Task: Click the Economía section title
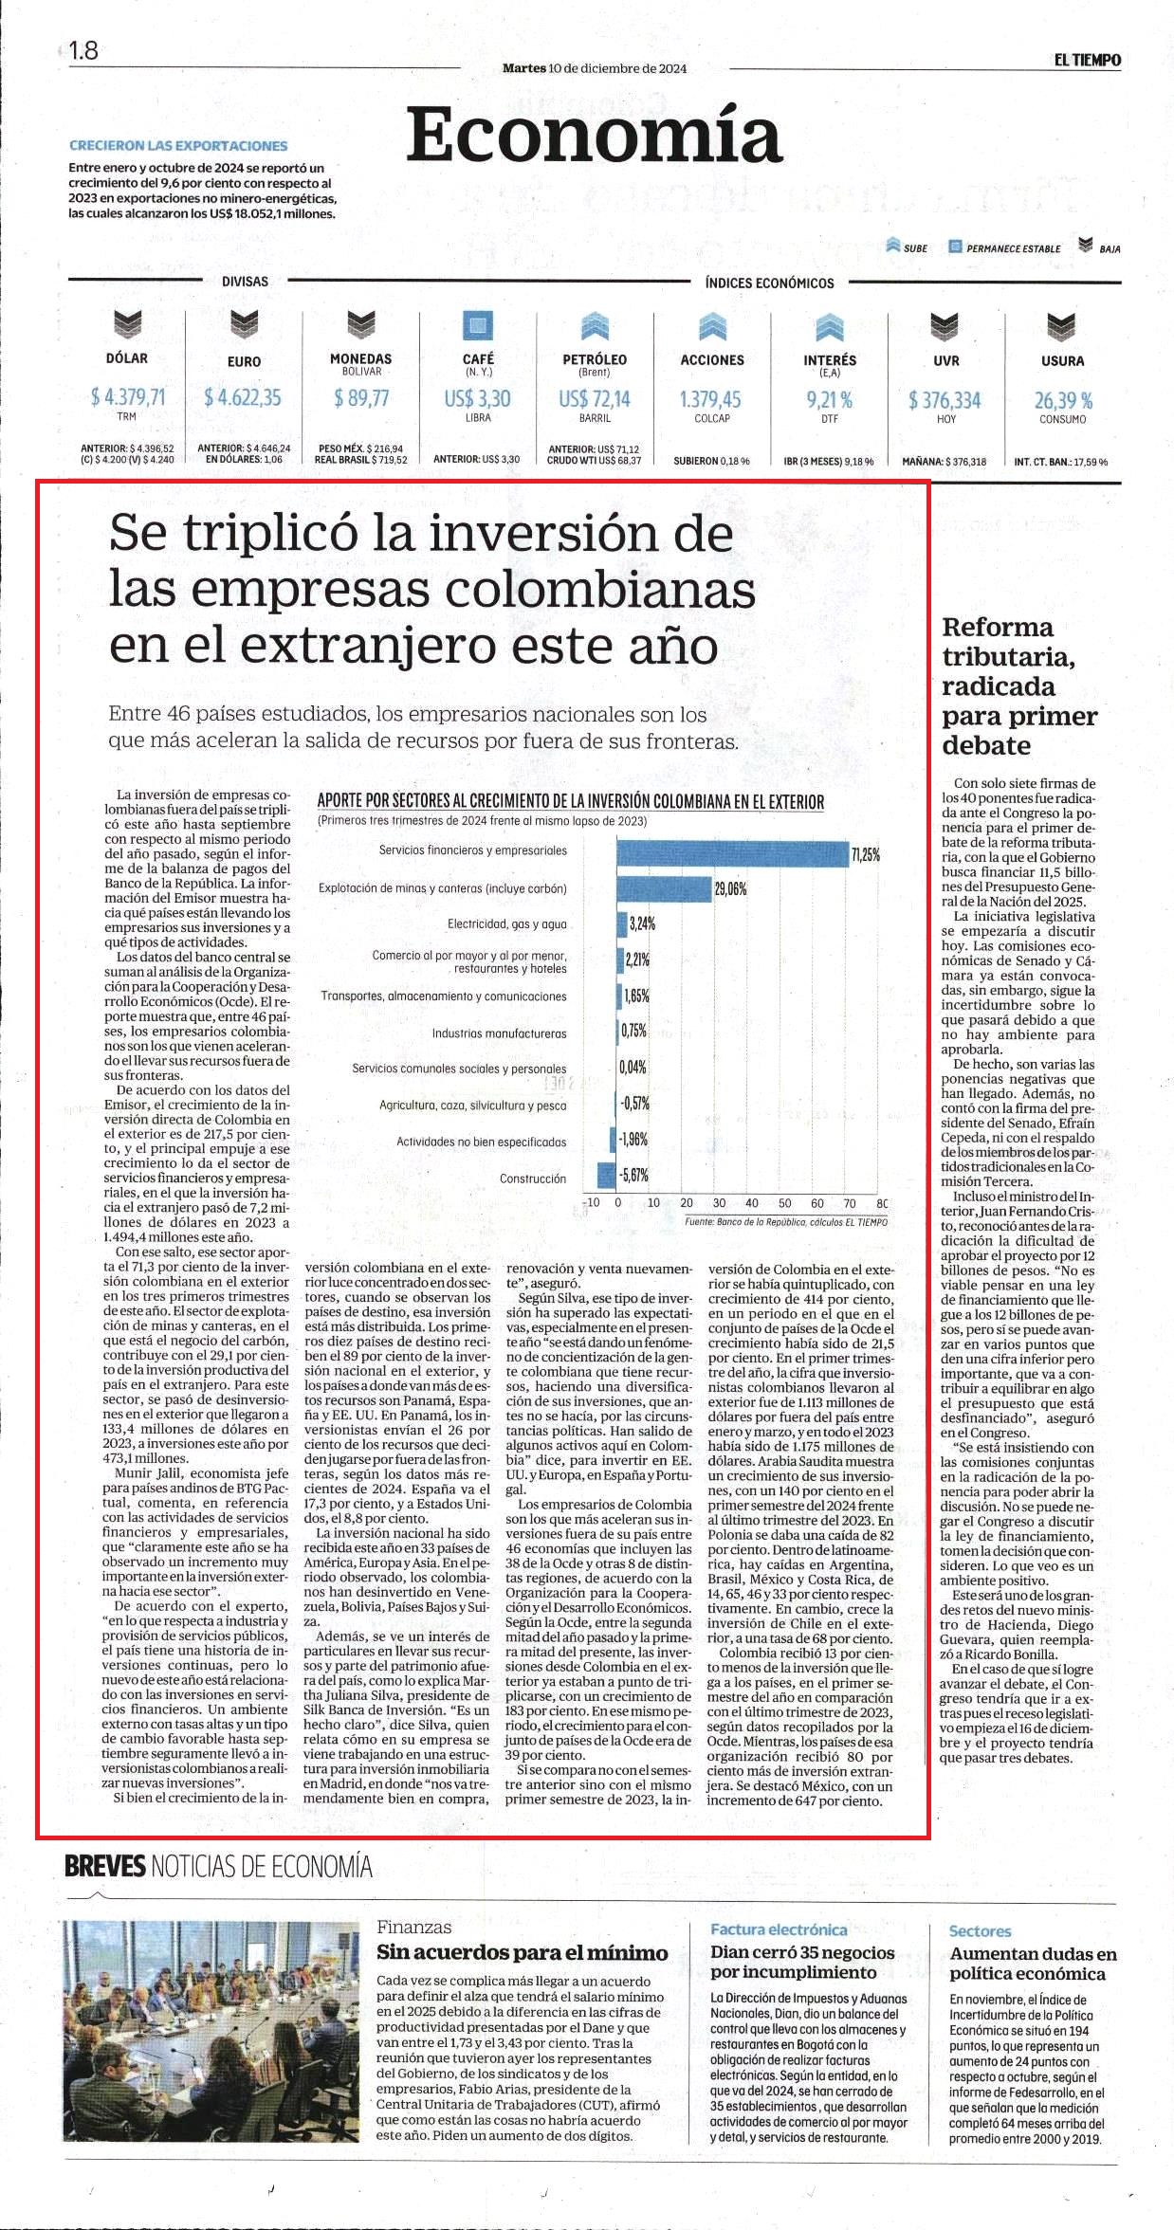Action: tap(595, 136)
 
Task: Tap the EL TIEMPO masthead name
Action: tap(1087, 60)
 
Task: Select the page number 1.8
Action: tap(83, 50)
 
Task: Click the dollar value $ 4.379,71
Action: tap(127, 396)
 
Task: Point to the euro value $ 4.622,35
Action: tap(243, 397)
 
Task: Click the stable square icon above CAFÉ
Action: tap(478, 325)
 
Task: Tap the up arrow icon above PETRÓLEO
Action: tap(595, 325)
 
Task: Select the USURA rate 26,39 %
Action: tap(1063, 400)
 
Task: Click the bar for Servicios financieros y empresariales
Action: tap(732, 853)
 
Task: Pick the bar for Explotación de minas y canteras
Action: tap(664, 889)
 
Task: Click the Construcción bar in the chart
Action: tap(607, 1176)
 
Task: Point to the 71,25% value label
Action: tap(866, 854)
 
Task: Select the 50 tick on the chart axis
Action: tap(783, 1203)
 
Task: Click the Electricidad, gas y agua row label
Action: tap(506, 923)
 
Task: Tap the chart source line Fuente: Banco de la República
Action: tap(786, 1222)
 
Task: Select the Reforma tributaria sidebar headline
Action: tap(1019, 685)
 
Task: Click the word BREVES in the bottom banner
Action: tap(105, 1867)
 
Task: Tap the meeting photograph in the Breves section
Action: tap(211, 2030)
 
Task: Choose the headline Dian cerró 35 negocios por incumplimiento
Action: tap(803, 1962)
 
